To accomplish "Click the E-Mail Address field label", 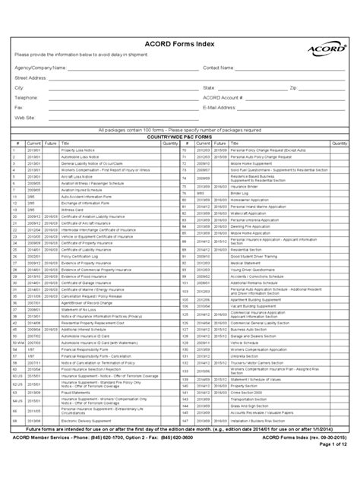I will coord(223,108).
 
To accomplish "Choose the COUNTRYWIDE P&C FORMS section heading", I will coord(180,135).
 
